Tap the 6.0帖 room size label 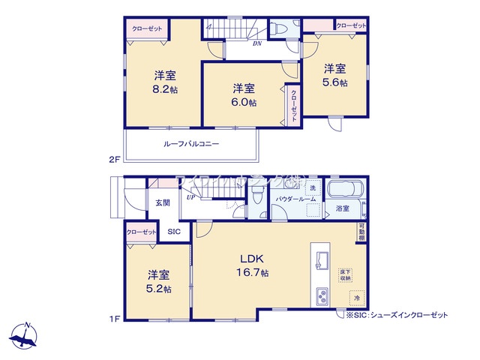[x=244, y=102]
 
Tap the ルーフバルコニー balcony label [x=191, y=143]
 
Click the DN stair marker [x=256, y=43]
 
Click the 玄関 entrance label [x=163, y=202]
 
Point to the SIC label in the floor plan [x=173, y=232]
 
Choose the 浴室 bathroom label [x=343, y=208]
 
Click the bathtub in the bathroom [x=344, y=190]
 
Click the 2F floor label [x=114, y=159]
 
